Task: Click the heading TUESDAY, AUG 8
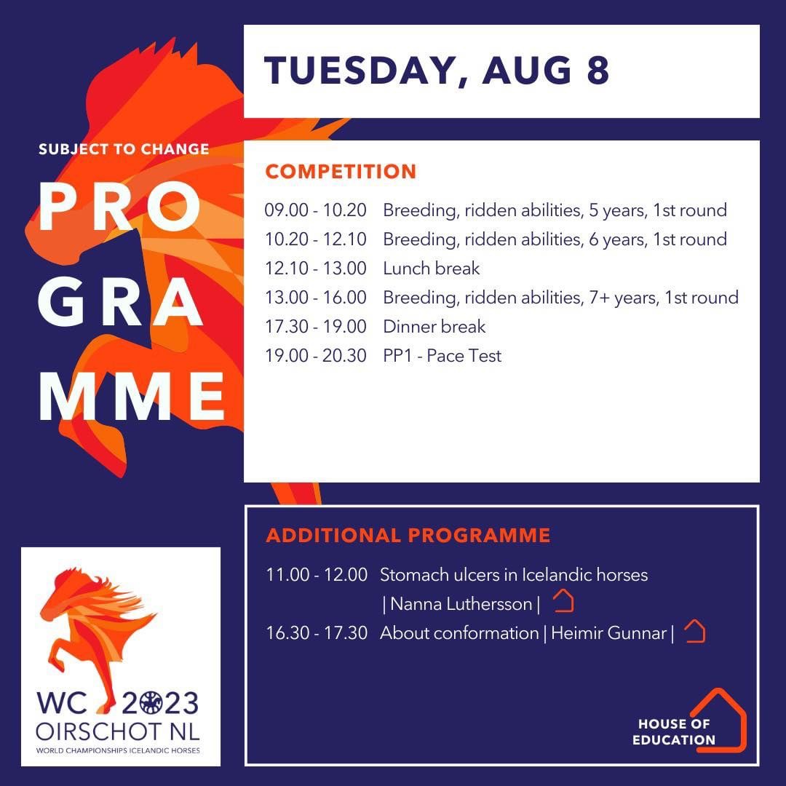point(436,70)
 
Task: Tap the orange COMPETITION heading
point(341,172)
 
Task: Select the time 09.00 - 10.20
point(316,210)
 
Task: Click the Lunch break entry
point(432,268)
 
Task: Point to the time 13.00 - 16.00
point(316,297)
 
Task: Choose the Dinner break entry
point(434,326)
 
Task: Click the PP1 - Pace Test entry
point(442,355)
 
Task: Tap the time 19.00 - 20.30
point(316,355)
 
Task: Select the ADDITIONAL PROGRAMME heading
point(408,536)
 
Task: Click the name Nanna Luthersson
point(461,604)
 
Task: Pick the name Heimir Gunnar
point(608,633)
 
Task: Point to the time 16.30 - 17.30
point(317,633)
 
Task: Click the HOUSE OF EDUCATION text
point(674,732)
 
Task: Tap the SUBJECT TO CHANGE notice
point(124,149)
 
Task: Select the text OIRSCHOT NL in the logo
point(118,732)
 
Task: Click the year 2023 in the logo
point(160,703)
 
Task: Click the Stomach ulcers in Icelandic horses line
point(514,575)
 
